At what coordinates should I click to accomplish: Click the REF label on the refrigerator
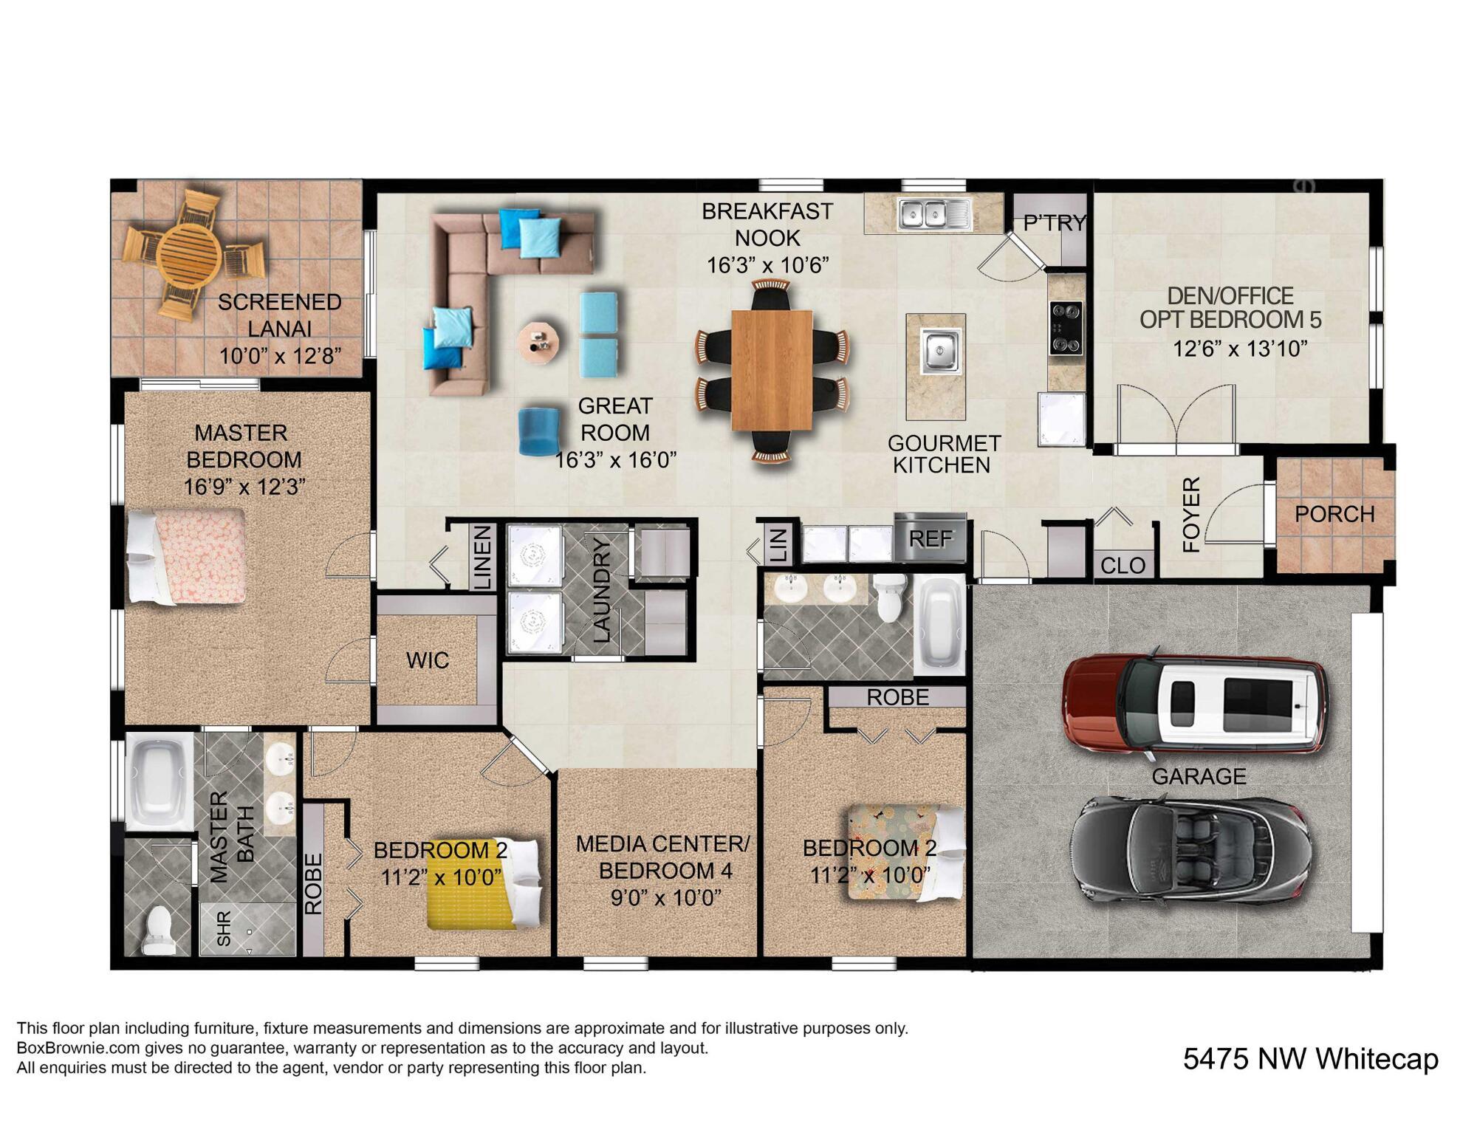coord(930,538)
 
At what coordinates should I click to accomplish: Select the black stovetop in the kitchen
coord(1066,328)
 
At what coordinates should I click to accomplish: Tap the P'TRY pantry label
coord(1055,223)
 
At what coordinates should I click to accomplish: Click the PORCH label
coord(1334,514)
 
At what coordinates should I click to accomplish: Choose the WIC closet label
coord(428,659)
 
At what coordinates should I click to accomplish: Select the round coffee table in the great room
coord(538,341)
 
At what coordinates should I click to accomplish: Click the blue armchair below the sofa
coord(538,431)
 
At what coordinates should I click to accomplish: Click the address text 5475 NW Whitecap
coord(1310,1059)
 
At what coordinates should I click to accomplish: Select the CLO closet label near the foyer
coord(1123,565)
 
